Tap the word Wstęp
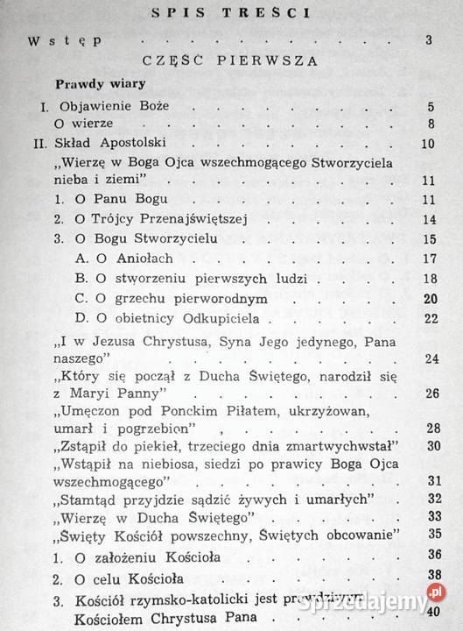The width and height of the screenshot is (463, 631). coord(65,40)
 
